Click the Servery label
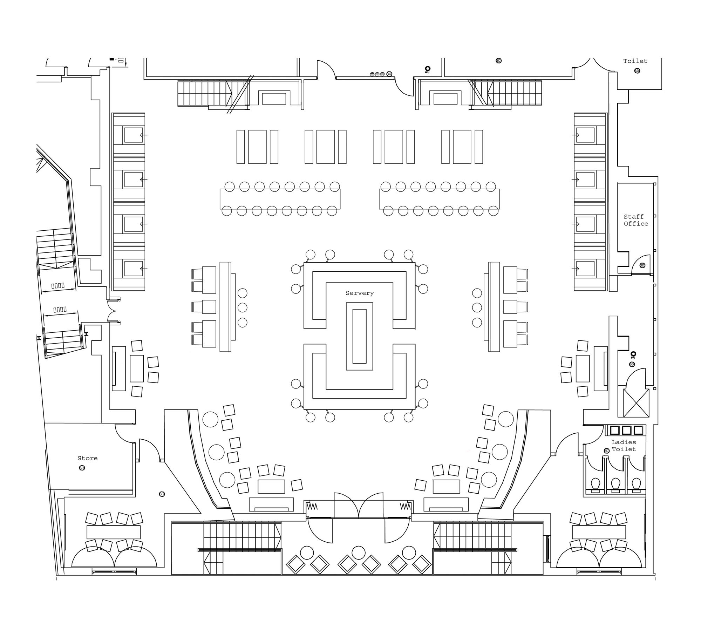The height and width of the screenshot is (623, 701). [360, 293]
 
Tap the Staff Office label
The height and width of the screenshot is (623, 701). [636, 220]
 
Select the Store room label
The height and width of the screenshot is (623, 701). [87, 458]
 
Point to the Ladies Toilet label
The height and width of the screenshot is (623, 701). [624, 446]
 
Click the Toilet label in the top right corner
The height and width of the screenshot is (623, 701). [635, 61]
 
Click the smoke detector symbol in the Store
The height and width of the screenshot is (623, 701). [82, 468]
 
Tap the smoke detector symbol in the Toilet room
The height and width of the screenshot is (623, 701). [637, 71]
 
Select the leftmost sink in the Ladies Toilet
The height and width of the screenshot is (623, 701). [615, 430]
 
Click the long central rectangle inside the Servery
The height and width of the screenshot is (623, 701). [360, 336]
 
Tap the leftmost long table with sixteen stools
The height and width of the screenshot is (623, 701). [280, 199]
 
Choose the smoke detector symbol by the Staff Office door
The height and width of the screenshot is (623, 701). [642, 265]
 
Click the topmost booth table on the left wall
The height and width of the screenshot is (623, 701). [133, 135]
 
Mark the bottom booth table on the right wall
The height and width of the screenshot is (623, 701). [585, 269]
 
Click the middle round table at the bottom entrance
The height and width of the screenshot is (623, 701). [359, 553]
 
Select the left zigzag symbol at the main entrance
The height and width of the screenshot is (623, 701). [312, 507]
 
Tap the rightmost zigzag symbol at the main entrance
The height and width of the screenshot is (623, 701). [405, 507]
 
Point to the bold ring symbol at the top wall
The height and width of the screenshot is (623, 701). [427, 69]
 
